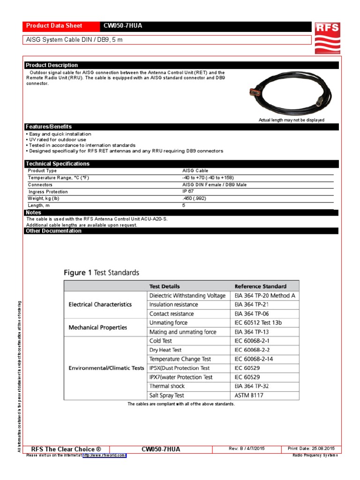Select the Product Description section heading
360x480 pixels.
point(52,65)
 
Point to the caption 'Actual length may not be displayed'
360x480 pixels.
point(291,120)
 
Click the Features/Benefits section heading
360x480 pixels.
point(49,127)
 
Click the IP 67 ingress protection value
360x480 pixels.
point(188,192)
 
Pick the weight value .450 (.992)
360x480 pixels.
point(194,198)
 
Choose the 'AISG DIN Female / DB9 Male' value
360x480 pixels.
point(214,185)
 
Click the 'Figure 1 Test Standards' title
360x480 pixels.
point(101,272)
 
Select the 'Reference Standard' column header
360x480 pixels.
point(260,286)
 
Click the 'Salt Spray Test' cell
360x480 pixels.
point(166,395)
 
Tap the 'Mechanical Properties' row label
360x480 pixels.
point(97,327)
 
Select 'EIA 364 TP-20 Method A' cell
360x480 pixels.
point(265,295)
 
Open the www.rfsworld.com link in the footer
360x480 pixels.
point(104,455)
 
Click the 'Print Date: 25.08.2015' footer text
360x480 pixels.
point(311,449)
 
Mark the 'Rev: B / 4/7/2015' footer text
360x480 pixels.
point(247,449)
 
